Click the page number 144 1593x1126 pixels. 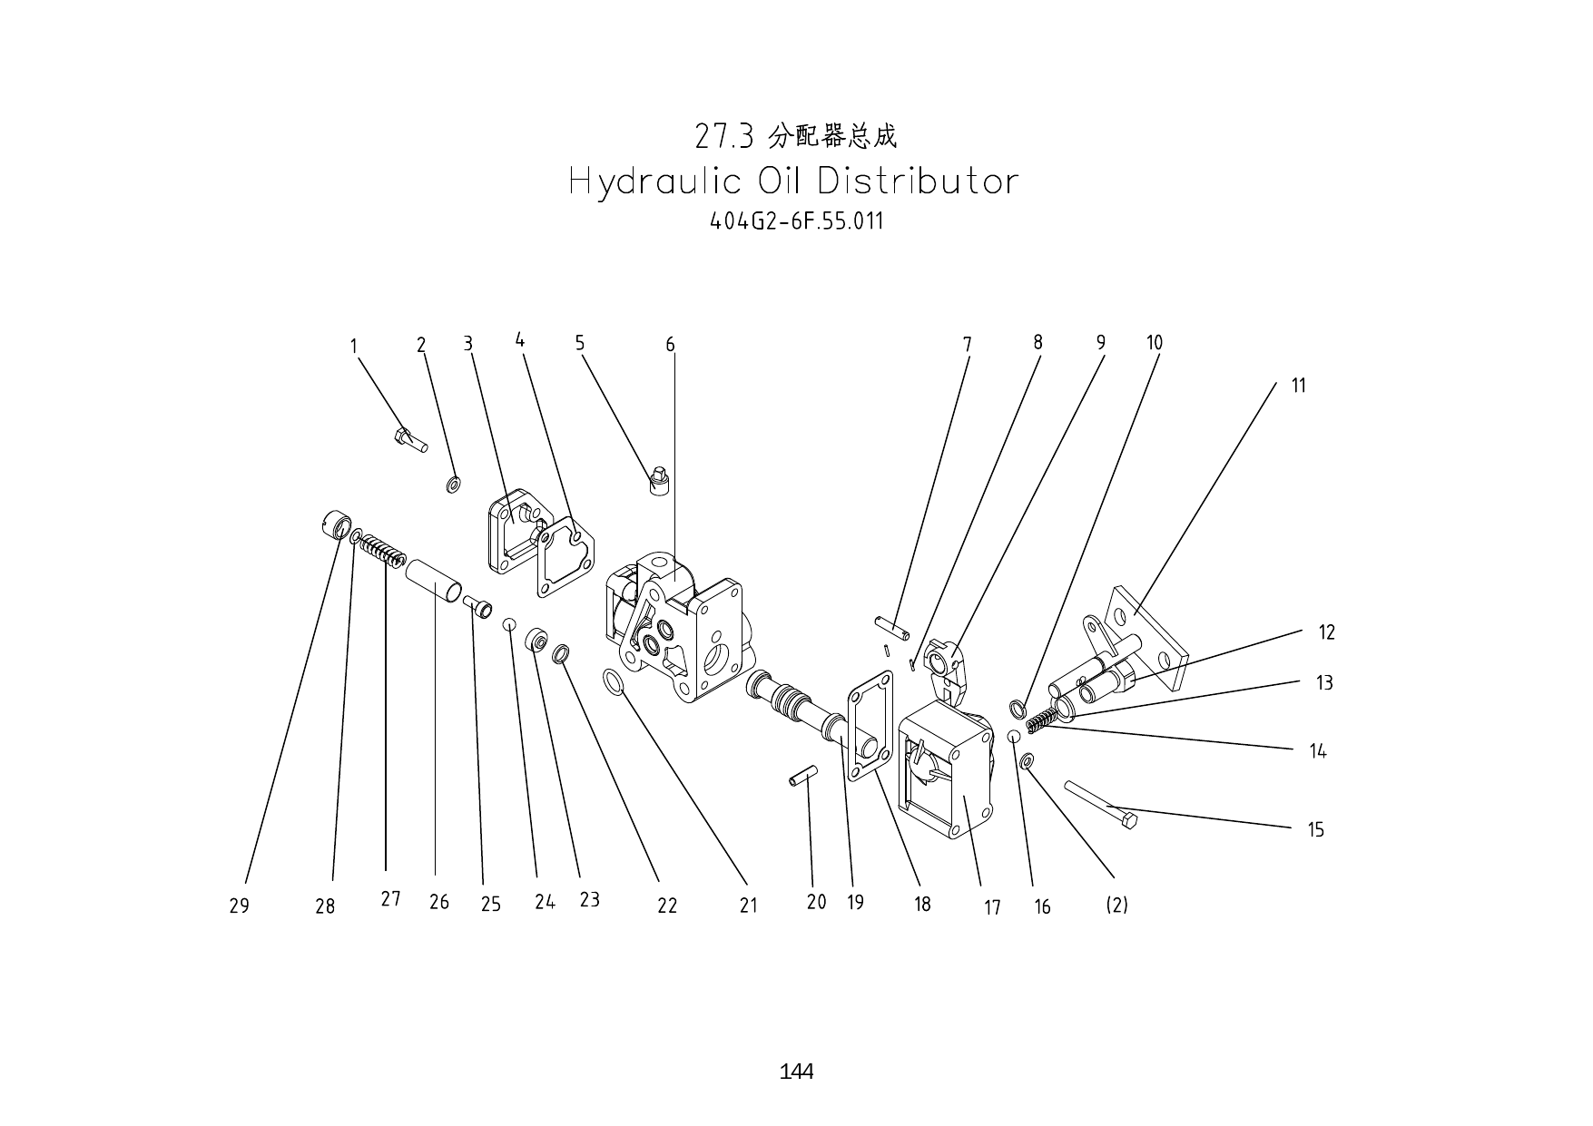click(796, 1072)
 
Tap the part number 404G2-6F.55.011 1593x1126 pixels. click(796, 221)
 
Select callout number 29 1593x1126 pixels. click(239, 906)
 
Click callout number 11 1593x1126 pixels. click(1298, 386)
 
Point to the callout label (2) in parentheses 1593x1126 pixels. click(1116, 905)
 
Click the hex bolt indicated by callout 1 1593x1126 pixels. click(409, 440)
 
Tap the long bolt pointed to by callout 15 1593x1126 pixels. click(1100, 804)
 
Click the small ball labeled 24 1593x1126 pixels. click(510, 623)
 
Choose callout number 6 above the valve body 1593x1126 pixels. click(670, 345)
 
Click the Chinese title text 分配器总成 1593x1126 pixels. click(832, 137)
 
